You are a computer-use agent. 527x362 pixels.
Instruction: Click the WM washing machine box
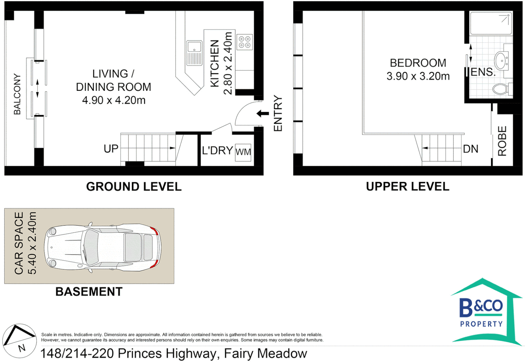[x=243, y=152]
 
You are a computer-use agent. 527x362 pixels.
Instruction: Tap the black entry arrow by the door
[x=263, y=114]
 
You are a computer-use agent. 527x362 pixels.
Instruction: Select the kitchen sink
[x=194, y=52]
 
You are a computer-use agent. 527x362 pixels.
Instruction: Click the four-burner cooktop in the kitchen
[x=245, y=42]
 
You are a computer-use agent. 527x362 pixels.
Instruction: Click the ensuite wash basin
[x=502, y=61]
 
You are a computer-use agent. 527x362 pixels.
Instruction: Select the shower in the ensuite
[x=491, y=23]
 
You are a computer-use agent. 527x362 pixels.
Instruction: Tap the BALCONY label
[x=17, y=94]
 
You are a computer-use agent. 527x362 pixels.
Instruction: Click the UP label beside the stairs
[x=111, y=148]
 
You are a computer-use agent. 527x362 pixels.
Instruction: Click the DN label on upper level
[x=470, y=149]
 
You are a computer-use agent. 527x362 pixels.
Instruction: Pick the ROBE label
[x=502, y=141]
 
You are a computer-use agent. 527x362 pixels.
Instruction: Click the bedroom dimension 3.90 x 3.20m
[x=418, y=76]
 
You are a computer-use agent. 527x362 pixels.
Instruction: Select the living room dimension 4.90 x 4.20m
[x=114, y=100]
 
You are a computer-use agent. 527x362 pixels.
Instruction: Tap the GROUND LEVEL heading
[x=134, y=187]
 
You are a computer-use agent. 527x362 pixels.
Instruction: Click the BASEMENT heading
[x=89, y=292]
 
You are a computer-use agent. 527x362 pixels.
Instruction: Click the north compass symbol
[x=19, y=341]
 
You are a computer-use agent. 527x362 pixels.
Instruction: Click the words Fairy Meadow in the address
[x=265, y=354]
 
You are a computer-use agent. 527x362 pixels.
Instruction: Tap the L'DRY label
[x=217, y=150]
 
